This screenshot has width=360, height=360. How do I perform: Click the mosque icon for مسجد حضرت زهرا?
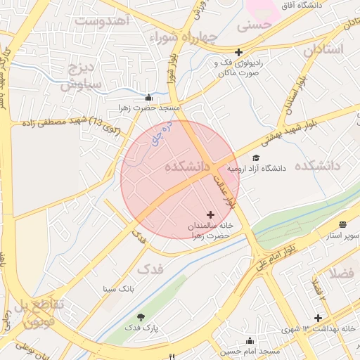click(148, 98)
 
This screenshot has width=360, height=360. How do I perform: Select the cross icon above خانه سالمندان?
click(210, 214)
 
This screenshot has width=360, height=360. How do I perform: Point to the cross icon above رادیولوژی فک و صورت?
click(239, 52)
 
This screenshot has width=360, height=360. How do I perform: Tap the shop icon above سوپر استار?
click(342, 224)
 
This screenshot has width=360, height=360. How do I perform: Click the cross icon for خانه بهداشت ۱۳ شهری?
click(319, 318)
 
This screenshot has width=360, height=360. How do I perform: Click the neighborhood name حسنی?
click(255, 27)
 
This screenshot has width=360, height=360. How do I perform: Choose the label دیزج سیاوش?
click(81, 77)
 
